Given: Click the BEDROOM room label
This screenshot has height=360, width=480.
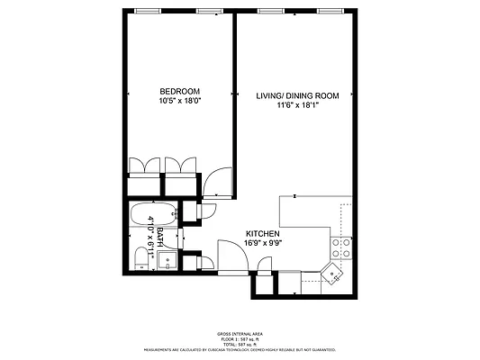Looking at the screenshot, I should coord(180,91).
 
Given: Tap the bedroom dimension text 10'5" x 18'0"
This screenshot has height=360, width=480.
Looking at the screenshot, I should coord(180,101).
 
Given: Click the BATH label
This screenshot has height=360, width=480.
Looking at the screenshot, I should coord(160,237).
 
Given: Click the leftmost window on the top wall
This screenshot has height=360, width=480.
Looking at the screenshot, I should coord(144,11).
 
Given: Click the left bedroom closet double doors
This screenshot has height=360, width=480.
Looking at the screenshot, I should coord(144,169).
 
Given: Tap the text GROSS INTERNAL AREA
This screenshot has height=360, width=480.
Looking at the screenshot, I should coord(240,333).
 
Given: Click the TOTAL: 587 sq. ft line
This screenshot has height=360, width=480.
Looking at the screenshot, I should coord(240,344).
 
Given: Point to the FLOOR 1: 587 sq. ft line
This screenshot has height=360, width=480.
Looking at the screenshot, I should coord(240,338).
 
